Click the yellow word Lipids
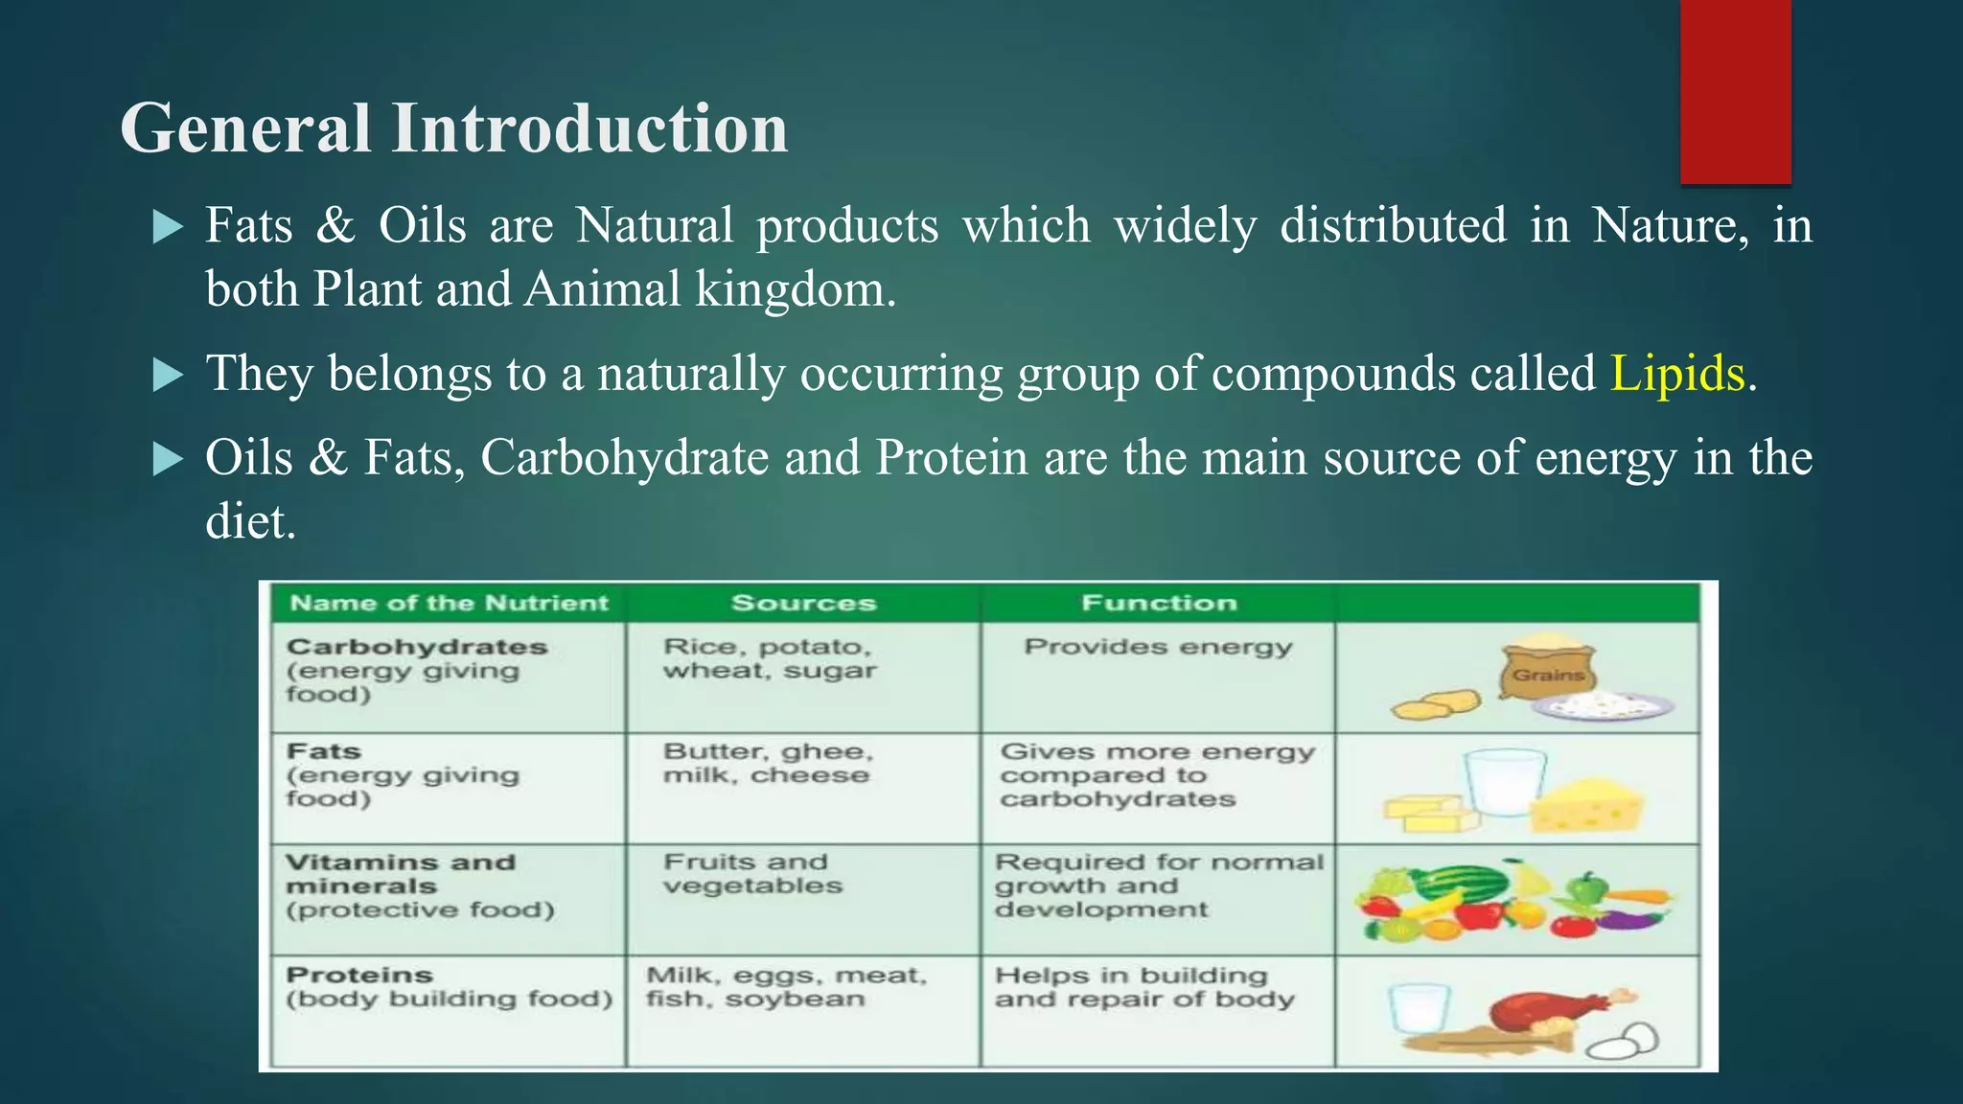(1676, 373)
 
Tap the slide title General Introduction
(453, 128)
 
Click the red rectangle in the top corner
(1735, 91)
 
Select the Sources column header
(803, 603)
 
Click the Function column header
(1158, 603)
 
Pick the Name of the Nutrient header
(449, 603)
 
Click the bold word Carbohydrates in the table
(417, 647)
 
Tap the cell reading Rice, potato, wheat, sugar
(770, 658)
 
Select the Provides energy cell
(1158, 647)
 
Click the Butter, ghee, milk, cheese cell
(767, 763)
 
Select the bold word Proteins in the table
(359, 975)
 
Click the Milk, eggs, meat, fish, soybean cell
(786, 986)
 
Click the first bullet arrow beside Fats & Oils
(168, 227)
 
